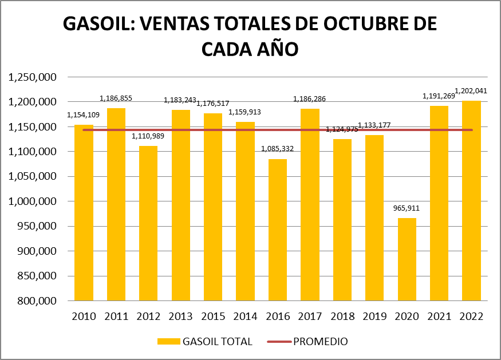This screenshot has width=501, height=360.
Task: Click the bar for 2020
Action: point(407,259)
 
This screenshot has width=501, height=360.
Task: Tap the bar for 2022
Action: point(471,200)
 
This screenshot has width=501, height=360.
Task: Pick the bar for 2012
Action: point(148,223)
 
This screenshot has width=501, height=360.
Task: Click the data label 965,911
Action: point(407,208)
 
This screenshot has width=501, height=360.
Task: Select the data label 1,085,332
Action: point(277,149)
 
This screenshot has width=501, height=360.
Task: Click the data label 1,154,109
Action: point(84,115)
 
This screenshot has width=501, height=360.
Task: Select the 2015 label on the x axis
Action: point(213,317)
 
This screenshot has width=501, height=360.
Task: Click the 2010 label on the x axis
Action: point(84,317)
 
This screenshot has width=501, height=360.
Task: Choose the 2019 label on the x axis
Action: point(374,317)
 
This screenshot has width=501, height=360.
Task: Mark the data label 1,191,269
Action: point(440,96)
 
